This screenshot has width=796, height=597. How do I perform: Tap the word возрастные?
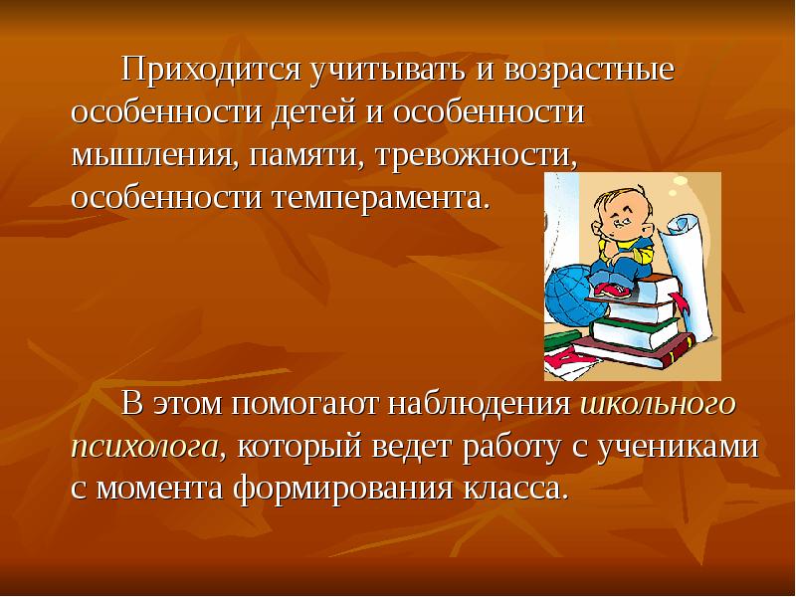click(x=590, y=72)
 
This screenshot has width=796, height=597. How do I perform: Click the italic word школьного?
click(x=656, y=405)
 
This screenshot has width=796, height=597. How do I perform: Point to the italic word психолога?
click(x=144, y=447)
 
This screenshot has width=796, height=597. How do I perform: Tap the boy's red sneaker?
click(x=613, y=290)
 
